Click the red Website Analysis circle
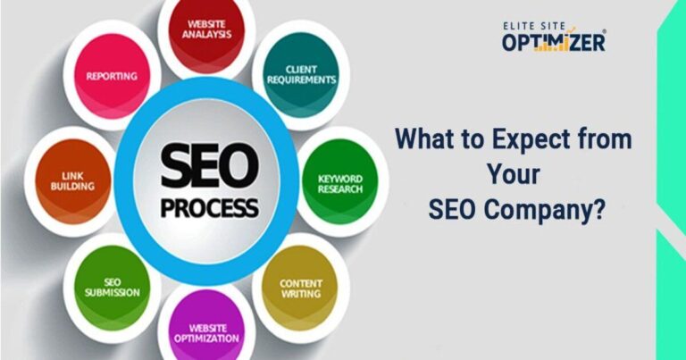tap(207, 31)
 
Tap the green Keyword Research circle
tap(340, 183)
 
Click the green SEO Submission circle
tap(113, 285)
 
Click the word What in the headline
tap(424, 140)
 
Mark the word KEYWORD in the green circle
tap(340, 177)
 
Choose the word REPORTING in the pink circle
tap(111, 76)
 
